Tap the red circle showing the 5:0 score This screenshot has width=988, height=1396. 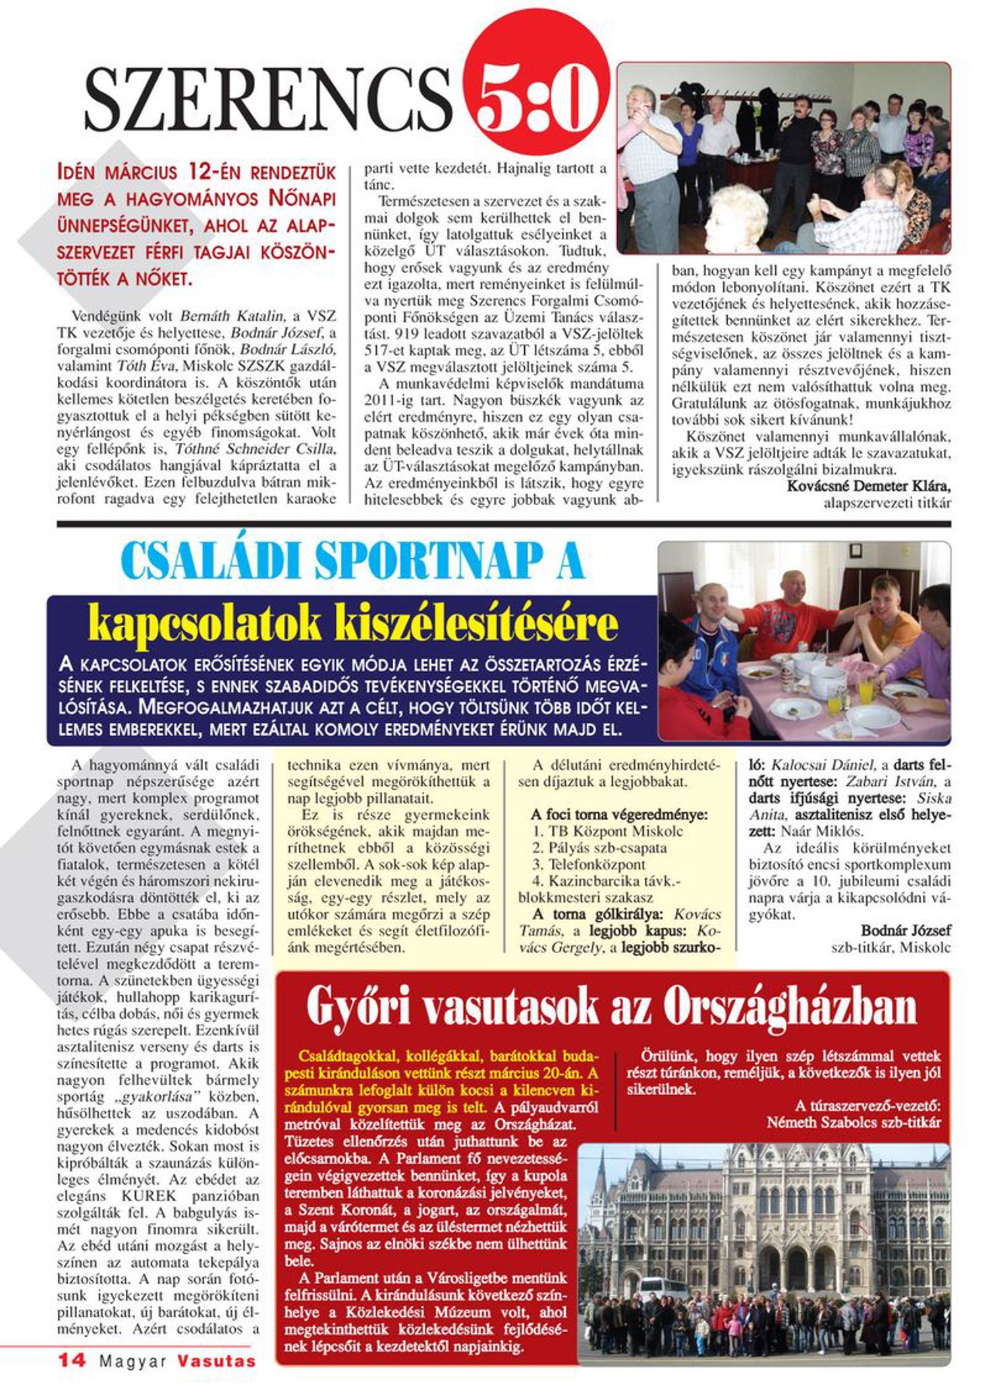tap(535, 100)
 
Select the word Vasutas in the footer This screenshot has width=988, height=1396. tap(216, 1361)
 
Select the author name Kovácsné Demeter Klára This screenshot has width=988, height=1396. tap(869, 486)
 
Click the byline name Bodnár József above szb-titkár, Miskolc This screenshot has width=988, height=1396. tap(906, 931)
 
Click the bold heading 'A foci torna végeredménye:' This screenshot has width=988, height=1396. tap(619, 815)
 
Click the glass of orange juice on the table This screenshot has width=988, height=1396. tap(865, 692)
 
